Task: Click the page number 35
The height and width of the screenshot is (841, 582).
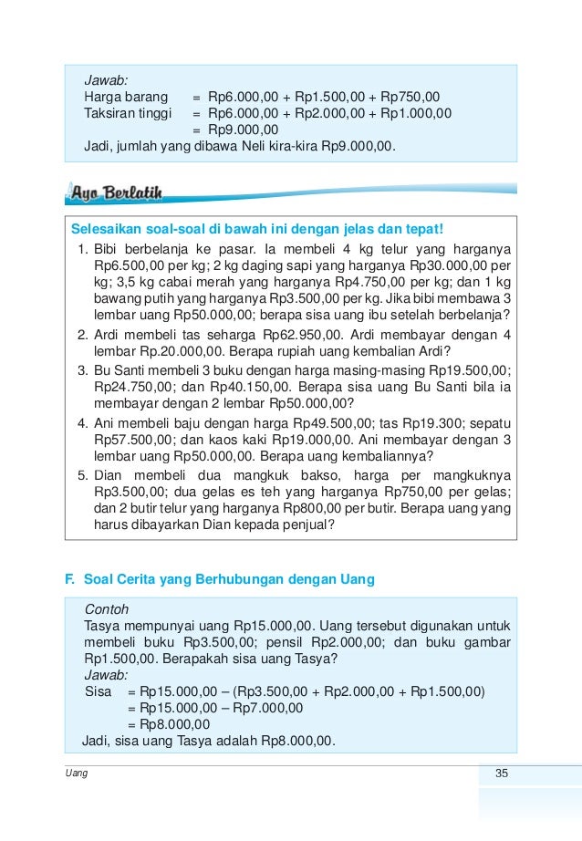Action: tap(501, 774)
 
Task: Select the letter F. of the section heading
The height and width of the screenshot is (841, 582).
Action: tap(68, 578)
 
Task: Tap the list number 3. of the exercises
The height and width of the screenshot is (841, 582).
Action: tap(83, 369)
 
